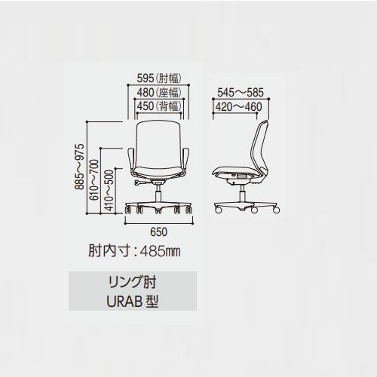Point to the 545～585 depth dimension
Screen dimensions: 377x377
tap(241, 93)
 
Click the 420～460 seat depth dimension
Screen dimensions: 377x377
tap(239, 107)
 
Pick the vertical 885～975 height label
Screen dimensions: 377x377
tap(80, 167)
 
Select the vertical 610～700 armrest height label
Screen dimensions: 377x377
tap(94, 179)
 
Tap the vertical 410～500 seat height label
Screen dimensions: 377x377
tap(109, 190)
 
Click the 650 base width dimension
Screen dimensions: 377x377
tap(158, 232)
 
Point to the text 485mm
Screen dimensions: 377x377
tap(160, 251)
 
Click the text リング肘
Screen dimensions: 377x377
tap(132, 283)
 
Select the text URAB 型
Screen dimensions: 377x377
tap(132, 302)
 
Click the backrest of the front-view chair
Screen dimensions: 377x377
tap(158, 145)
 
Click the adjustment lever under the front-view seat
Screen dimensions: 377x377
tap(140, 183)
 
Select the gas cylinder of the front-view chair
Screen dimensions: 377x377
tap(158, 194)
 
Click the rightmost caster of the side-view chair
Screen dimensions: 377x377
tap(276, 210)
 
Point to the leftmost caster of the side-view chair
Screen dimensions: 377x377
tap(218, 210)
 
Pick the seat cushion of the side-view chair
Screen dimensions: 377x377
tap(232, 171)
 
